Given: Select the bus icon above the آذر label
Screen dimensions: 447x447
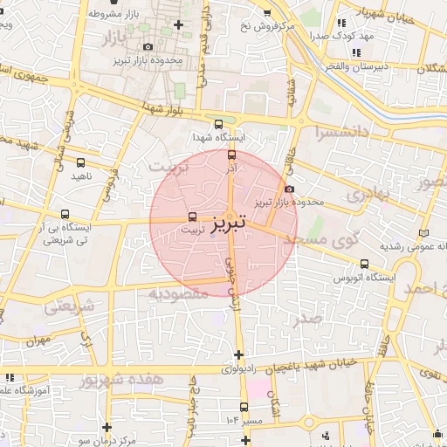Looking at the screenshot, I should coord(231,155).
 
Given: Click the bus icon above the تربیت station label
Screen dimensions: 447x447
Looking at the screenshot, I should coord(193,217).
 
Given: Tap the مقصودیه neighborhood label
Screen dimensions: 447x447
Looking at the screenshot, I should coord(178,294).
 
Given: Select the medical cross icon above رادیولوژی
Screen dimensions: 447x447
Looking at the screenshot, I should coord(239,354).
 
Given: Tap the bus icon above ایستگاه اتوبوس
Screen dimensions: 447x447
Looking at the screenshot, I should coord(364,264).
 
